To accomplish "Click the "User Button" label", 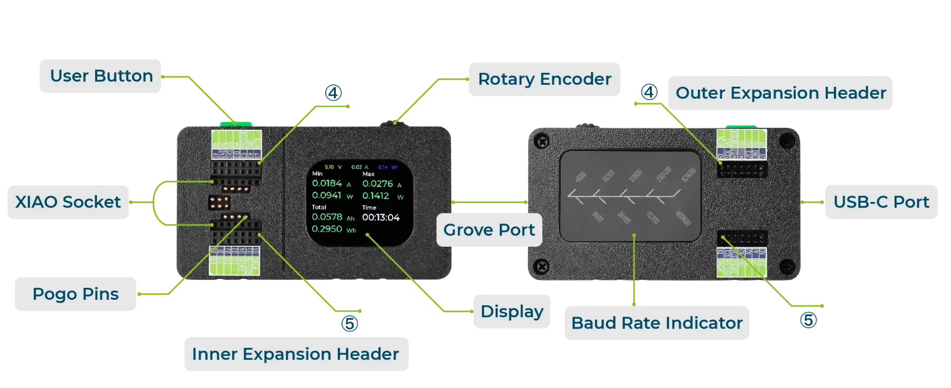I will (101, 76).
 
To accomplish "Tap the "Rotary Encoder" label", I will (544, 79).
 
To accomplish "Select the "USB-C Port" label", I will (881, 202).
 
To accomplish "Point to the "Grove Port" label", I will (489, 230).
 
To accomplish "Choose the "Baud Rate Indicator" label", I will (657, 323).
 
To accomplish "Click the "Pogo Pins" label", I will (75, 294).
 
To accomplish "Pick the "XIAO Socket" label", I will (68, 202).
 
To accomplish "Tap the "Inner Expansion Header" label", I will (295, 354).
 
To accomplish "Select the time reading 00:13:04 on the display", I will (380, 218).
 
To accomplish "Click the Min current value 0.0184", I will (327, 183).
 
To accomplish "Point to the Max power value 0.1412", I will (375, 196).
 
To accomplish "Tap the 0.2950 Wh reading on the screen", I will (327, 229).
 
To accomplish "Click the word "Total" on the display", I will (319, 207).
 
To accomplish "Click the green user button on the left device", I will (236, 123).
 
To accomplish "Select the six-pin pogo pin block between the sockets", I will (219, 202).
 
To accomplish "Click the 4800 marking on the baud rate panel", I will (581, 176).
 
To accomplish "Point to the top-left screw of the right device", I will (543, 142).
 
